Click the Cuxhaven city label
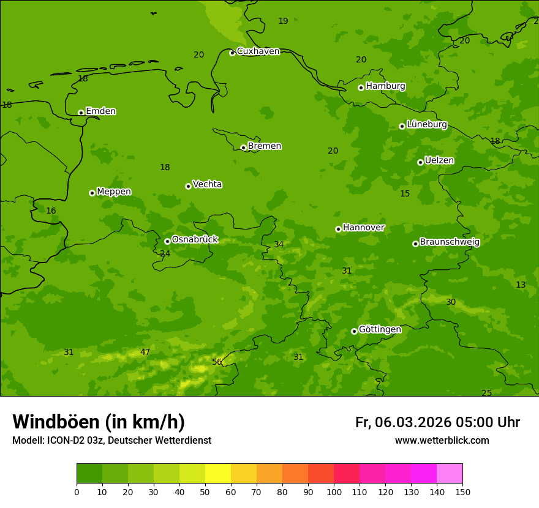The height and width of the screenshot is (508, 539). (x=258, y=51)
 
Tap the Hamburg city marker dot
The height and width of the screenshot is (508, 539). (x=361, y=88)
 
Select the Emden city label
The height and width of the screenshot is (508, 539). (x=100, y=111)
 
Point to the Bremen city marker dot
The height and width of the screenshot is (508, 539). (x=243, y=148)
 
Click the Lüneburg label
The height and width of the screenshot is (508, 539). (x=427, y=124)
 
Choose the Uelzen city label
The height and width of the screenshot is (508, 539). (x=439, y=160)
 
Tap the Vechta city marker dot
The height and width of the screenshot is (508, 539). (x=188, y=186)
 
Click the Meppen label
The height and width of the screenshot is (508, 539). (x=114, y=192)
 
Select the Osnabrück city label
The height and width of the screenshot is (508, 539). (x=195, y=239)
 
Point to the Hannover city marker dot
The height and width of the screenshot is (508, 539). (x=338, y=229)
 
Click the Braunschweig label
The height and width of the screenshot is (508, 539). (x=450, y=242)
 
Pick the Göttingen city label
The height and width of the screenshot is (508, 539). (x=380, y=329)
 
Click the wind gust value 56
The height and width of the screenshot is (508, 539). (x=217, y=362)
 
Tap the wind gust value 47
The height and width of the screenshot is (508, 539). (x=145, y=352)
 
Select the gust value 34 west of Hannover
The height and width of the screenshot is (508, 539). (x=279, y=244)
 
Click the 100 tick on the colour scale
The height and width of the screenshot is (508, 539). (x=334, y=491)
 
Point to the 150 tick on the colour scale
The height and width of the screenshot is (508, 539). (x=462, y=491)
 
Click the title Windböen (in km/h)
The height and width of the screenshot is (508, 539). (x=99, y=422)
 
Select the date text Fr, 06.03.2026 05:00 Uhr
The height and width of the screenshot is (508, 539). (x=437, y=422)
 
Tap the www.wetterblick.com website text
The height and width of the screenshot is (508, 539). (x=442, y=441)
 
